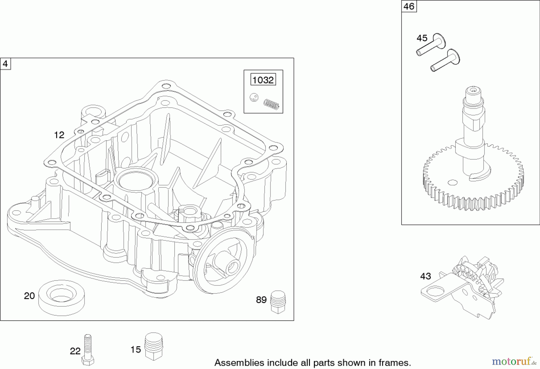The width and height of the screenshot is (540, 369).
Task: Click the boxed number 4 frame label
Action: pyautogui.click(x=5, y=64)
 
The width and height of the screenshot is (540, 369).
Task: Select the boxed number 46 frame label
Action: pyautogui.click(x=409, y=6)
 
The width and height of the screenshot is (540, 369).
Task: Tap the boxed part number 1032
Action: pyautogui.click(x=263, y=80)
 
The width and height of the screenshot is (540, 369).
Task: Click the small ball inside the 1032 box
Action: pyautogui.click(x=254, y=97)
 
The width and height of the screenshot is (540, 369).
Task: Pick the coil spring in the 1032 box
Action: pyautogui.click(x=271, y=104)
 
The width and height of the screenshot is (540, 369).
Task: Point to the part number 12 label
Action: pyautogui.click(x=59, y=135)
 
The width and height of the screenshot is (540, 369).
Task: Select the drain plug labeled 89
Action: pyautogui.click(x=278, y=301)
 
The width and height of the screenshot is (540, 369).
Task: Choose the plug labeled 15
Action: pyautogui.click(x=154, y=346)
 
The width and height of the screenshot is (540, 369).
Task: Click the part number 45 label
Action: pyautogui.click(x=422, y=38)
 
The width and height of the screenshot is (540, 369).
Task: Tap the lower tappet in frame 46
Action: pyautogui.click(x=445, y=61)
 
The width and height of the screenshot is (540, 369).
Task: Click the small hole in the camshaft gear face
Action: pyautogui.click(x=452, y=182)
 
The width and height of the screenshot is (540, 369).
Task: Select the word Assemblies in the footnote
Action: pyautogui.click(x=235, y=362)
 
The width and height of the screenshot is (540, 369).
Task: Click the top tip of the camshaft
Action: pyautogui.click(x=473, y=90)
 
